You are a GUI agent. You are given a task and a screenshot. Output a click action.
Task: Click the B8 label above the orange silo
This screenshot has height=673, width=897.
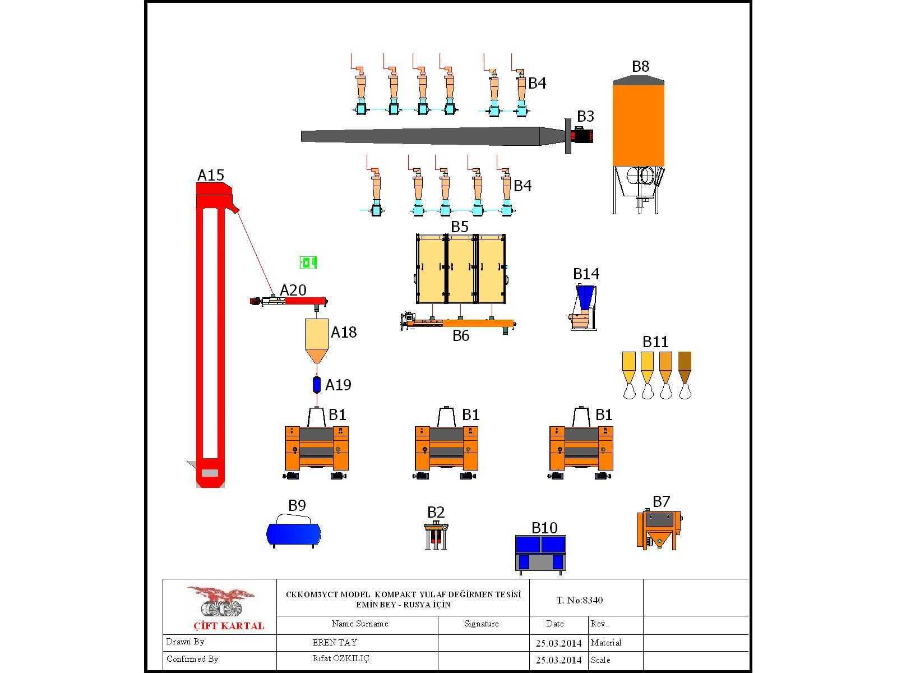(x=640, y=66)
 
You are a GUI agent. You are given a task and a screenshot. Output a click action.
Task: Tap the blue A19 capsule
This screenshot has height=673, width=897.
(x=316, y=385)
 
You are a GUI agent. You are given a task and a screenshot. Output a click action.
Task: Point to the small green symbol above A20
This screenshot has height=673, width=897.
(x=308, y=262)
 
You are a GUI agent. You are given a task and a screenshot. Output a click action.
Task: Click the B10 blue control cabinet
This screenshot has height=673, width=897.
(x=540, y=554)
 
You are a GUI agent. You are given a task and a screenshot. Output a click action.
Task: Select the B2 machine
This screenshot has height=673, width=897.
(x=436, y=536)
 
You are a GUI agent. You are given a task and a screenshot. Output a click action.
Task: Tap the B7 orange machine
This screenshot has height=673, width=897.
(x=659, y=529)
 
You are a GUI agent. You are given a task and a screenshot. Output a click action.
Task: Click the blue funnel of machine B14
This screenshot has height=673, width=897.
(x=585, y=296)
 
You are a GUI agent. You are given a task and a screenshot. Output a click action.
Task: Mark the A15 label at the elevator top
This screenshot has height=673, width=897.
(x=211, y=176)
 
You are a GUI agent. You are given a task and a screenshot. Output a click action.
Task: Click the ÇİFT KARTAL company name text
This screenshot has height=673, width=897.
(x=229, y=625)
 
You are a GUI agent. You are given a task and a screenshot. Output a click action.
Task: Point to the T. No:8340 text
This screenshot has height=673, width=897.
(x=580, y=600)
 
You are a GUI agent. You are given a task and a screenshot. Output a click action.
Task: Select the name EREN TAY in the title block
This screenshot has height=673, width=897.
(x=335, y=642)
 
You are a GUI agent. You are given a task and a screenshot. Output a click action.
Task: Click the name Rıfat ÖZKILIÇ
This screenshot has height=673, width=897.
(x=341, y=658)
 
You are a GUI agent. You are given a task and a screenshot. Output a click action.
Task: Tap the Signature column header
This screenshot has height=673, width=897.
(x=482, y=624)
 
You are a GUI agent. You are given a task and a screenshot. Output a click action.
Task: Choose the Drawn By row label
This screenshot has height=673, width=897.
(x=185, y=642)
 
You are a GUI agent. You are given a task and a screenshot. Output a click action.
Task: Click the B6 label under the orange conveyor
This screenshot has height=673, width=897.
(x=461, y=336)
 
